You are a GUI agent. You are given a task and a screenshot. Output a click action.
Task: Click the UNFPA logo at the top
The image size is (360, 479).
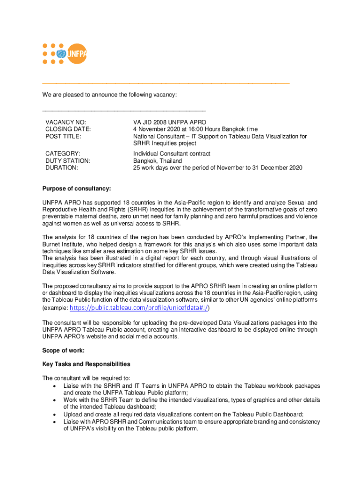coord(65,54)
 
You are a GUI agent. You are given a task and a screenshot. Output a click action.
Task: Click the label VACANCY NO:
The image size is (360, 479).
coord(65,122)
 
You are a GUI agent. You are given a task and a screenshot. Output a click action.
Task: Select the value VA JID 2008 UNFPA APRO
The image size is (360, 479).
coord(170,122)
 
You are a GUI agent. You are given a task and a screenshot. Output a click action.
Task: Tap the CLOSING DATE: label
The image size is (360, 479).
coord(68,129)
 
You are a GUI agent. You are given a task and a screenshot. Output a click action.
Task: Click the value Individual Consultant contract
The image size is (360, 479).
coord(172,153)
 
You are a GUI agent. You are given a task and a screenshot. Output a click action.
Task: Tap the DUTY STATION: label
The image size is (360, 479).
coord(68,160)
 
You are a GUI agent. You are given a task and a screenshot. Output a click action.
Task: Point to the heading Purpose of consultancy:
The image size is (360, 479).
coord(77,189)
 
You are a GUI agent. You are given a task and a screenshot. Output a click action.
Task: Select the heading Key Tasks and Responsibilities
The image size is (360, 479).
coord(86,364)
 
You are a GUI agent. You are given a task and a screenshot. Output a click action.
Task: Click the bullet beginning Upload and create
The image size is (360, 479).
coord(56,414)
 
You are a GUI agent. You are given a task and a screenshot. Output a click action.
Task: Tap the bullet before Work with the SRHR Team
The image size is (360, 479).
coord(56,400)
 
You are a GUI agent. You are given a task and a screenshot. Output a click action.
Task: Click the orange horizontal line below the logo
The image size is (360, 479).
coord(166,82)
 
